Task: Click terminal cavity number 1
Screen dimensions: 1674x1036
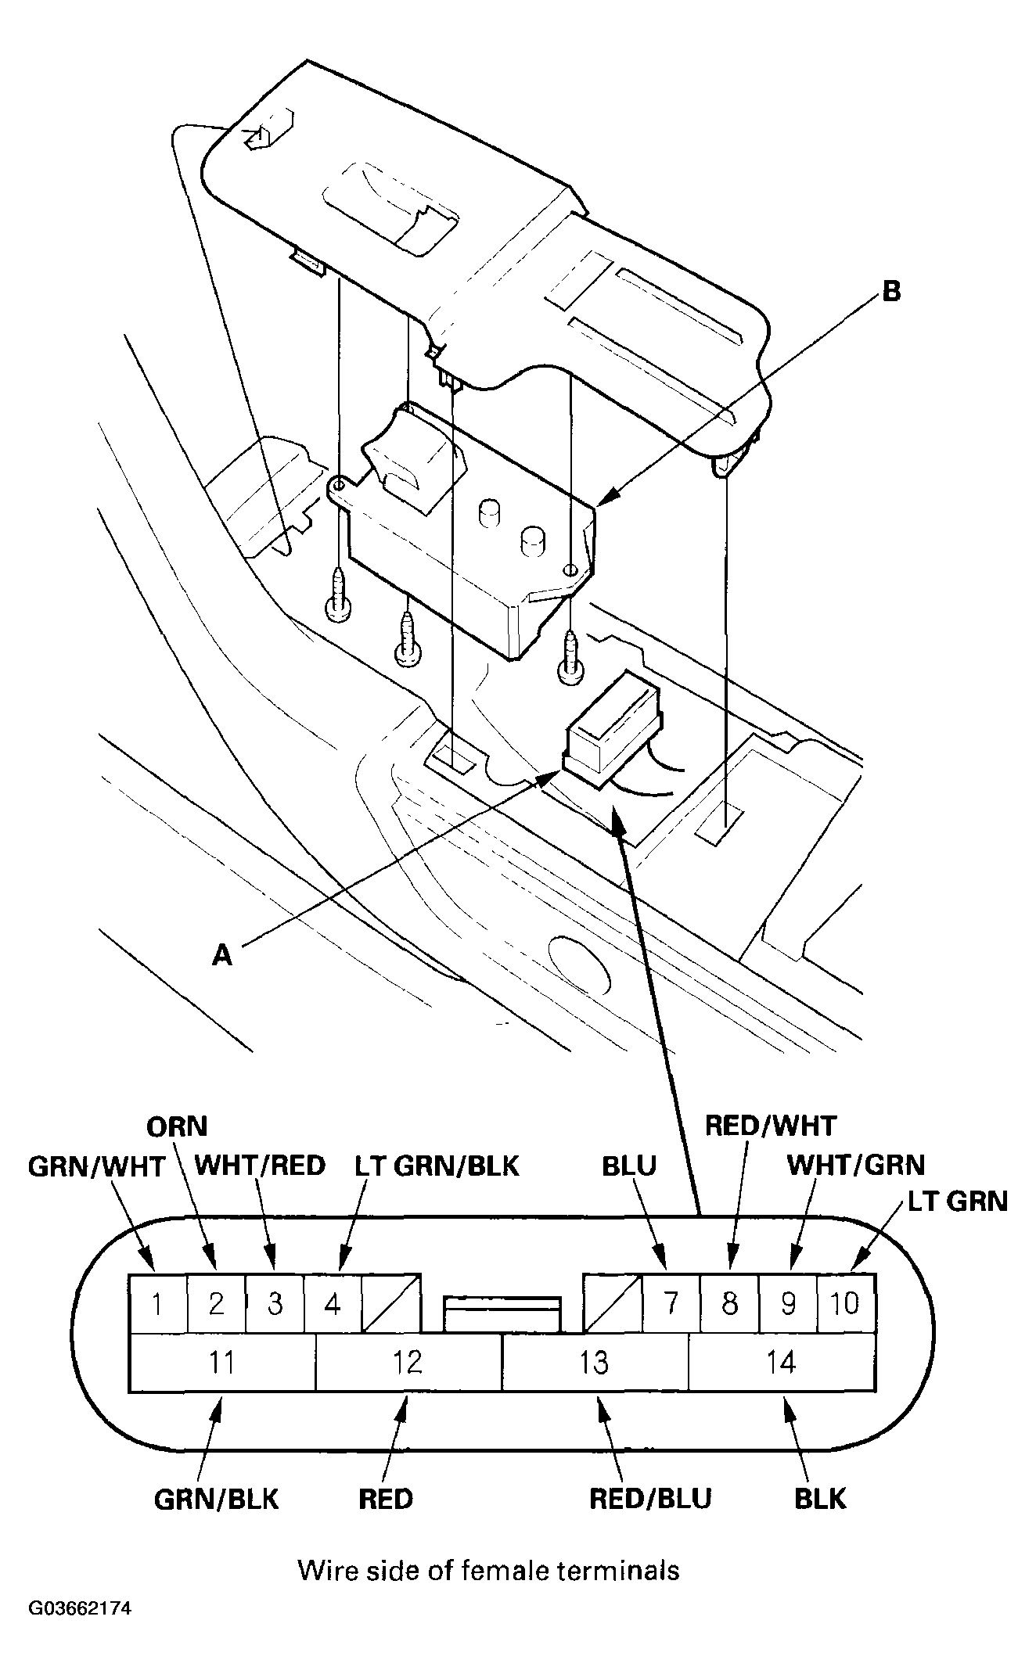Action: tap(157, 1303)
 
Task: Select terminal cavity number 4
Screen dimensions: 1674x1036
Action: tap(333, 1303)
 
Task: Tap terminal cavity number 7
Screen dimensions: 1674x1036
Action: tap(671, 1303)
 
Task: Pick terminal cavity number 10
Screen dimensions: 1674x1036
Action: tap(846, 1303)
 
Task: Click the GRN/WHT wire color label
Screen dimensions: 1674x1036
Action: tap(96, 1166)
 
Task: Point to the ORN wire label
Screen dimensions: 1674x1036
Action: tap(177, 1126)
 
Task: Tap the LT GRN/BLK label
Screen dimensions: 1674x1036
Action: tap(437, 1166)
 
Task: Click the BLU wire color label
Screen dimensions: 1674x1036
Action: tap(628, 1166)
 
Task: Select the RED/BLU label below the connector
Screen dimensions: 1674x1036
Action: tap(650, 1499)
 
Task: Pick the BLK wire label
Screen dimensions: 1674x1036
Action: tap(820, 1499)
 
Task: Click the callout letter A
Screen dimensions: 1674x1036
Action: tap(223, 954)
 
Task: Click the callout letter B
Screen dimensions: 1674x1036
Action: tap(891, 293)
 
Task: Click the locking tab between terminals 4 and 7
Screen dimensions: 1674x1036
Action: tap(502, 1313)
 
